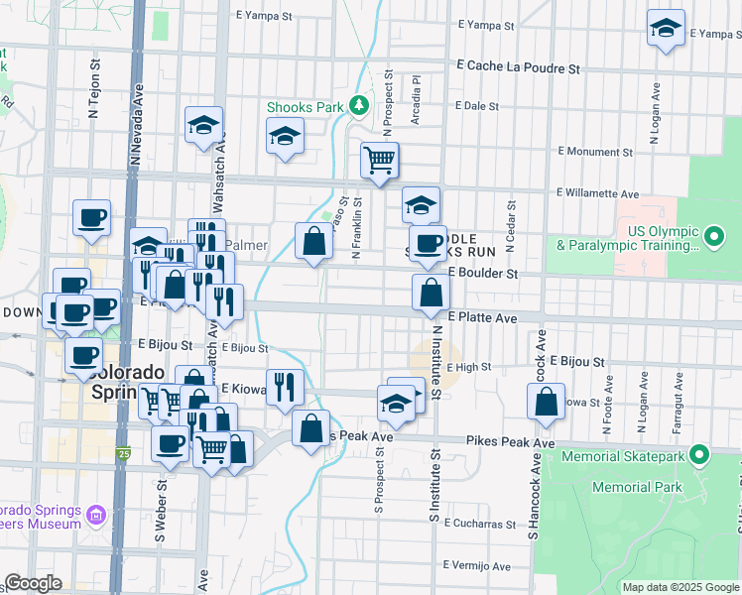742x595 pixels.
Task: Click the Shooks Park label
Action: click(x=304, y=107)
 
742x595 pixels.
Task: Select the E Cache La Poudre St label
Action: click(x=518, y=68)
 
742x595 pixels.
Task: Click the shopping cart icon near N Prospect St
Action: click(x=380, y=159)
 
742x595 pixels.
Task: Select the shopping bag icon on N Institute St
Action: click(x=432, y=293)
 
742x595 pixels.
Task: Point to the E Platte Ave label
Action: click(x=482, y=318)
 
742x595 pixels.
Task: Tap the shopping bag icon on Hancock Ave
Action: click(x=546, y=402)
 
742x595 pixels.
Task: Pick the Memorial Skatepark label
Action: click(x=623, y=457)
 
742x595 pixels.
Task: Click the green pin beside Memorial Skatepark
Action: click(x=699, y=456)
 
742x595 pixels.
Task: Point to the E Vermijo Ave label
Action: click(x=476, y=567)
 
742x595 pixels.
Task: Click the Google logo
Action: click(x=34, y=584)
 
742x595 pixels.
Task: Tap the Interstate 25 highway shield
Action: click(x=123, y=454)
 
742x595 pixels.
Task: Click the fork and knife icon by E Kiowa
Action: click(x=287, y=387)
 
